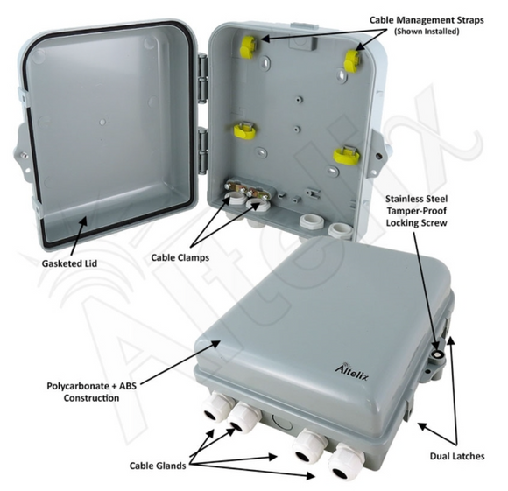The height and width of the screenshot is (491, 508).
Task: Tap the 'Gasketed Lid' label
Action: (x=69, y=263)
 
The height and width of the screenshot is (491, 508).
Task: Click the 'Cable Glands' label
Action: (x=159, y=466)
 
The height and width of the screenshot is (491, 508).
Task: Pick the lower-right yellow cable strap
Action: (x=345, y=158)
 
